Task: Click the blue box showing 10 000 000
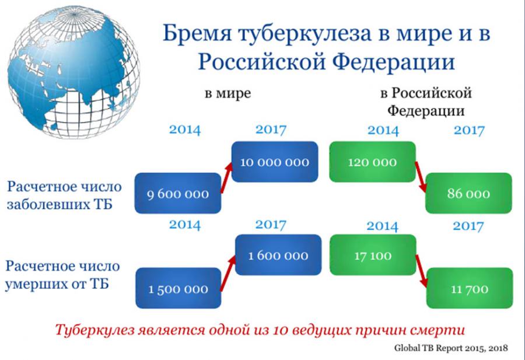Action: point(275,162)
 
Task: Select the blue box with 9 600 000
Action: point(178,193)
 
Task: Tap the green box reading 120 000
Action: point(372,162)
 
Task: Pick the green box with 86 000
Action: point(468,193)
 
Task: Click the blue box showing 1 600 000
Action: point(278,255)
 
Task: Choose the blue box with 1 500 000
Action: point(178,288)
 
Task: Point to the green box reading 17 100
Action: point(373,255)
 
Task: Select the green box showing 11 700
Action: point(470,288)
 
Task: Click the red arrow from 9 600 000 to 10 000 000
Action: point(226,178)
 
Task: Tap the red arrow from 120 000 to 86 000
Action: point(421,177)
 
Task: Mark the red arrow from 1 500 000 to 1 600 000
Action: point(228,273)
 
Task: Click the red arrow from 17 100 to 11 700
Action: point(422,271)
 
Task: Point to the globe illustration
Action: point(73,72)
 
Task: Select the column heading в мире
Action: point(228,93)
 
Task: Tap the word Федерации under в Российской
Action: point(426,110)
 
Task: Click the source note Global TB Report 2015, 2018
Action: point(451,348)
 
